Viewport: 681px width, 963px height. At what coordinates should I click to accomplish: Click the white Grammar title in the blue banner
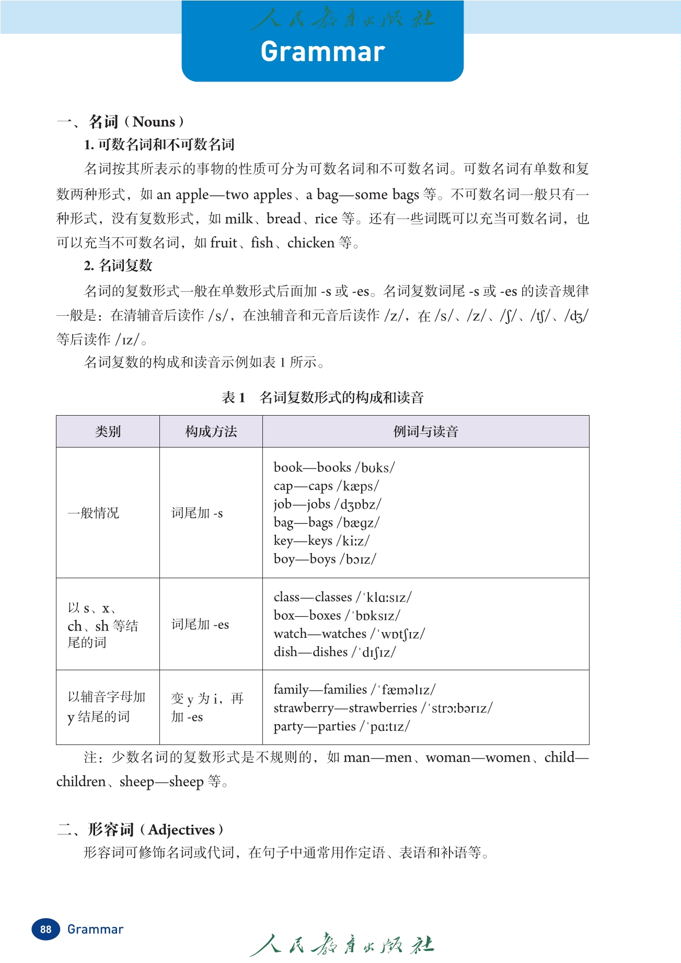322,52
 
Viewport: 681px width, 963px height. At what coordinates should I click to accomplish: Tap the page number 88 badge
46,929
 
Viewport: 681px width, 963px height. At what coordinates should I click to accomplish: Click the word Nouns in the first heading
154,122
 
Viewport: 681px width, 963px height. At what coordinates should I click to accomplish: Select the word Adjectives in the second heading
181,830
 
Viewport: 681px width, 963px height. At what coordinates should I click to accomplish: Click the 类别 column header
108,431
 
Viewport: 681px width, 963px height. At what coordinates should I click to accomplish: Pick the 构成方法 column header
211,431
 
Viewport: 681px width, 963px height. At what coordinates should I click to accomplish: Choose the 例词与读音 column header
425,431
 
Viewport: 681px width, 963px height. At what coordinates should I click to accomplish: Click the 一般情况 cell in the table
93,513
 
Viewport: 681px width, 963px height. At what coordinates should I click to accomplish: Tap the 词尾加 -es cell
200,624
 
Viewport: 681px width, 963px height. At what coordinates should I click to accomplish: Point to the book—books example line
334,467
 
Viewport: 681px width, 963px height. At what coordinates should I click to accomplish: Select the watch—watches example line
349,634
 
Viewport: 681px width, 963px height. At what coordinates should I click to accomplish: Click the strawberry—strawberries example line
383,708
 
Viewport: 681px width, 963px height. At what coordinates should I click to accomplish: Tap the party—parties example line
342,726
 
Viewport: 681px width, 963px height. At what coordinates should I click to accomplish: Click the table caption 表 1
234,398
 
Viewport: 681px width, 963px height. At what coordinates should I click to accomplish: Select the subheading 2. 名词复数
118,266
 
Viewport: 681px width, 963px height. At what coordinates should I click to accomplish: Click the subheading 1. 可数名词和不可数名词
159,145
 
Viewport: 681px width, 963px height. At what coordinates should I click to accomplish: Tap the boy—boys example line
325,559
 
